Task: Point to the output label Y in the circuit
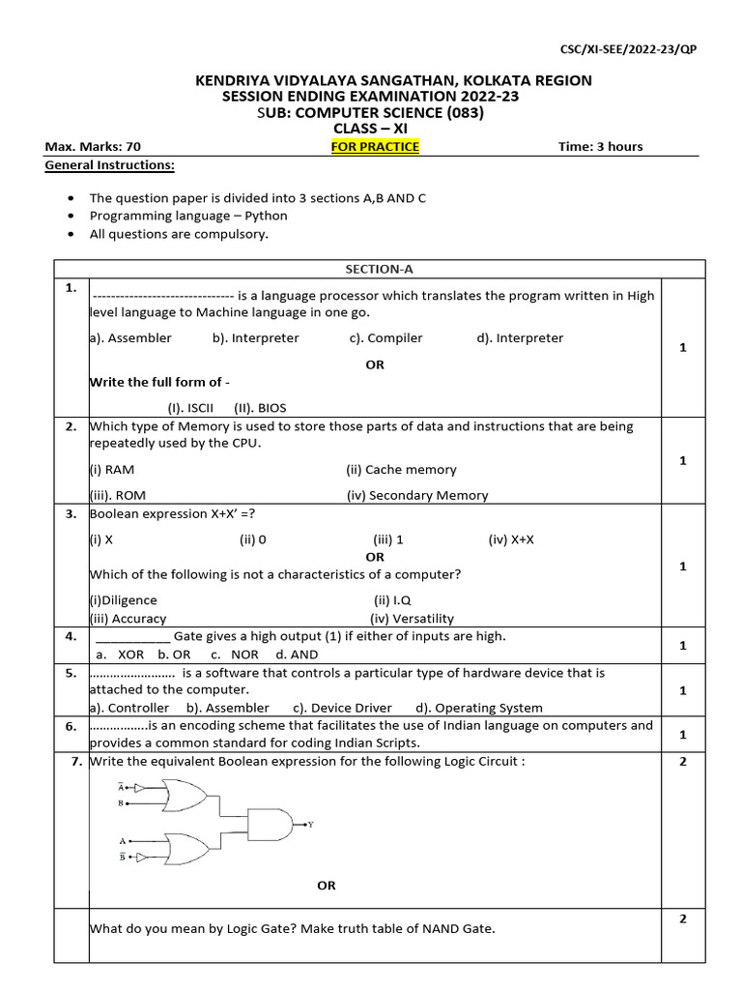(310, 825)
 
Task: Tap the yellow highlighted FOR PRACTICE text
(375, 147)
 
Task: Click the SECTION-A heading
(374, 270)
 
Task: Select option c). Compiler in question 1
(386, 338)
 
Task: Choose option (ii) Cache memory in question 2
(401, 470)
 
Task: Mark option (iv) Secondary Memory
(417, 495)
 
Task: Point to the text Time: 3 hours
(600, 147)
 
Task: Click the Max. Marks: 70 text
(93, 147)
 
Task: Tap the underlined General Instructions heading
(109, 165)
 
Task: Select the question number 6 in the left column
(71, 726)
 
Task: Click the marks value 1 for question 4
(682, 645)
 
